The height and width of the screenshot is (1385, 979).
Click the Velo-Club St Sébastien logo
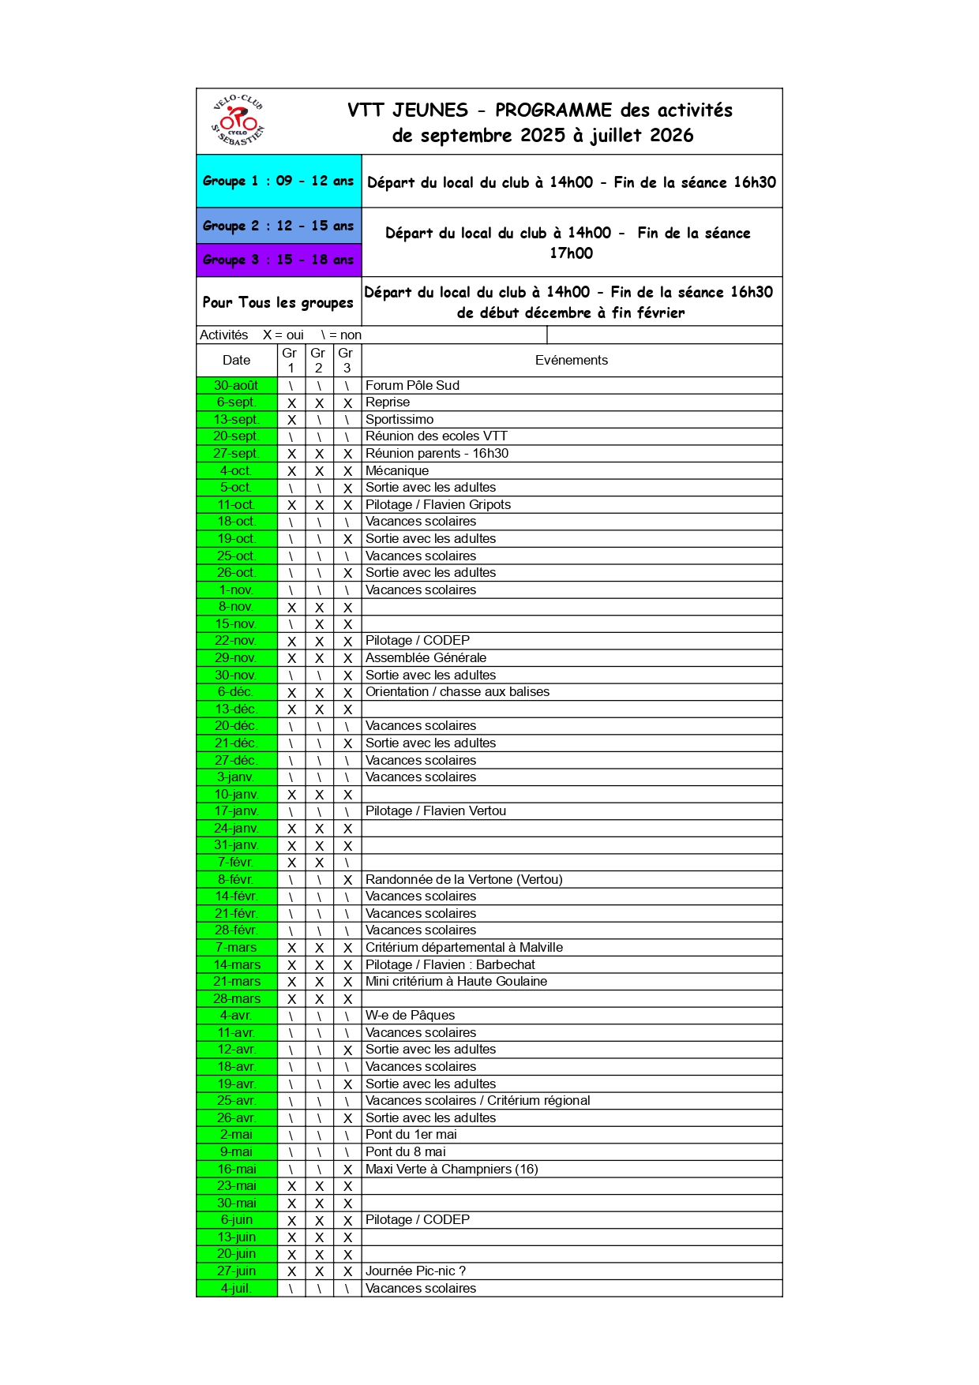pyautogui.click(x=238, y=121)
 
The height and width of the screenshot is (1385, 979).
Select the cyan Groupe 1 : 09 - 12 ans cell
pyautogui.click(x=279, y=181)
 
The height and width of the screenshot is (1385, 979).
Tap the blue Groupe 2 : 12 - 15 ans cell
pyautogui.click(x=279, y=226)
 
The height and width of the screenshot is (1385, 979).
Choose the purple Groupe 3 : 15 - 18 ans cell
pyautogui.click(x=279, y=260)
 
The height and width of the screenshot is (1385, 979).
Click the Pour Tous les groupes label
pyautogui.click(x=278, y=302)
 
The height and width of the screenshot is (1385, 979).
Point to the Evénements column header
pyautogui.click(x=572, y=360)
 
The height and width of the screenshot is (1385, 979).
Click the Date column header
pyautogui.click(x=236, y=360)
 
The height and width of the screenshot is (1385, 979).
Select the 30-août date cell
pyautogui.click(x=236, y=385)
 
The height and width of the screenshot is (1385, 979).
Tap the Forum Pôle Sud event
pyautogui.click(x=412, y=385)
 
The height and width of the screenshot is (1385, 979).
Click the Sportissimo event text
pyautogui.click(x=399, y=419)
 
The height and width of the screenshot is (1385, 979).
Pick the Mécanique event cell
pyautogui.click(x=397, y=470)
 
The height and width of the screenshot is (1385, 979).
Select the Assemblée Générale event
pyautogui.click(x=426, y=657)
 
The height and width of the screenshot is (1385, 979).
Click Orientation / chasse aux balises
pyautogui.click(x=457, y=691)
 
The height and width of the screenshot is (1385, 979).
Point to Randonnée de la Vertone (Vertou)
pyautogui.click(x=463, y=879)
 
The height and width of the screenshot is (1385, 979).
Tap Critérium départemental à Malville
pyautogui.click(x=464, y=947)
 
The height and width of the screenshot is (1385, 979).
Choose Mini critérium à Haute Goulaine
pyautogui.click(x=456, y=981)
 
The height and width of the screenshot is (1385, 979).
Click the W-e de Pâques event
pyautogui.click(x=410, y=1015)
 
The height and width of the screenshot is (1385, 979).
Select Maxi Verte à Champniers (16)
pyautogui.click(x=452, y=1169)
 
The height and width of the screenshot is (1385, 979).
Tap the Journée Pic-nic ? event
pyautogui.click(x=415, y=1271)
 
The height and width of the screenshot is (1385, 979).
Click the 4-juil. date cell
pyautogui.click(x=236, y=1288)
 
